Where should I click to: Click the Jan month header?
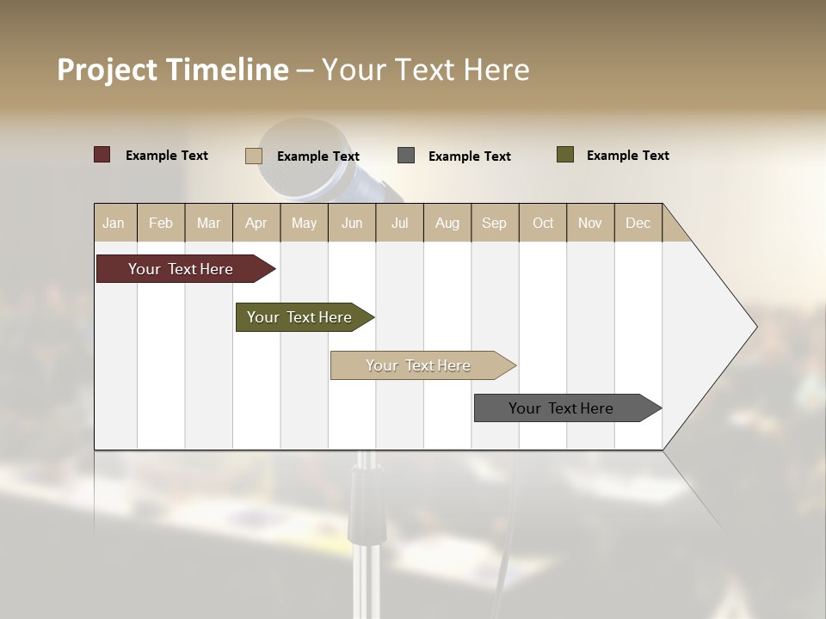114,223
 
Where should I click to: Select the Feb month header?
161,223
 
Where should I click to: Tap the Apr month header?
256,223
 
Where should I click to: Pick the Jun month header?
352,223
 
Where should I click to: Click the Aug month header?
447,223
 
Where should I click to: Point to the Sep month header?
495,223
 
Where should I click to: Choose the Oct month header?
543,223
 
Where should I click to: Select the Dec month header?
638,223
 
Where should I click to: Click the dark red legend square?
102,155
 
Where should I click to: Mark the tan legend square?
254,156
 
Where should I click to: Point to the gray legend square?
406,156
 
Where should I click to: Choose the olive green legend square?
565,155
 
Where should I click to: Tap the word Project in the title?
108,70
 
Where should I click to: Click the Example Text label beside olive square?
628,156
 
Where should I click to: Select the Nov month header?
590,223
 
